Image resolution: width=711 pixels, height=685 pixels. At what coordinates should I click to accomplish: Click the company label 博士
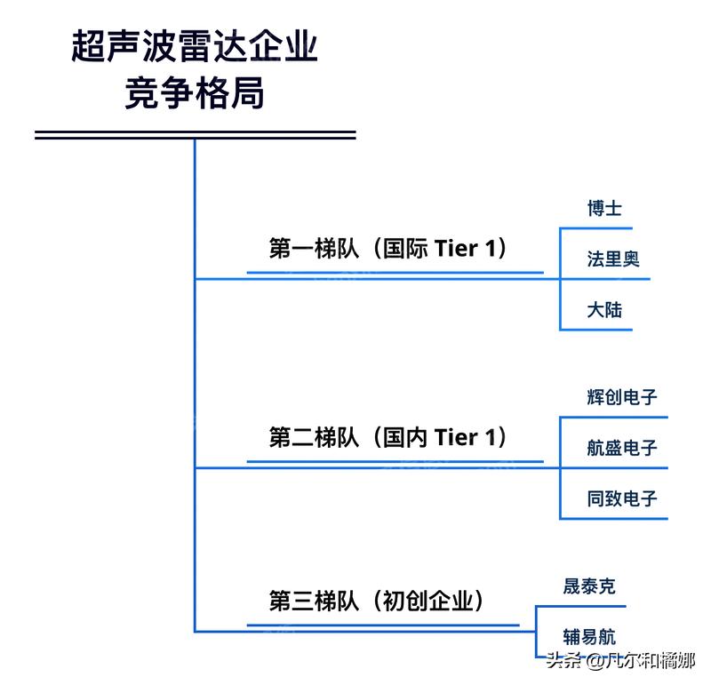[x=604, y=209]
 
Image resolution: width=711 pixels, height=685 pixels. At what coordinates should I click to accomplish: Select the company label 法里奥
[x=613, y=259]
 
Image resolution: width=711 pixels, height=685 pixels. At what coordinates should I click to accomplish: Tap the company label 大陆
[x=604, y=309]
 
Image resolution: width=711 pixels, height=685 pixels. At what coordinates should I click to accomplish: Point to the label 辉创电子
[x=622, y=397]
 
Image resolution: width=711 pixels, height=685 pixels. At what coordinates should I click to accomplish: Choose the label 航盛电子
[x=622, y=448]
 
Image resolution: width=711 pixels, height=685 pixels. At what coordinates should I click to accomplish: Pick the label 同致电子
[x=622, y=498]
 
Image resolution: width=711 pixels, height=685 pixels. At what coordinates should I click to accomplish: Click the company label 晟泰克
[x=588, y=586]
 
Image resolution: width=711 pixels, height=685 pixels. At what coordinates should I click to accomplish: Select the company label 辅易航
[x=588, y=637]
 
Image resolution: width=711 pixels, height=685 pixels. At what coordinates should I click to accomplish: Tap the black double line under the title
[x=195, y=135]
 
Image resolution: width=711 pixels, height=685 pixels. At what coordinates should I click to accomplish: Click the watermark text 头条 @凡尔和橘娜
[x=619, y=660]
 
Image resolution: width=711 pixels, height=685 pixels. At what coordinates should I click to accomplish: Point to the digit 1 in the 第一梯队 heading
[x=491, y=248]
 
